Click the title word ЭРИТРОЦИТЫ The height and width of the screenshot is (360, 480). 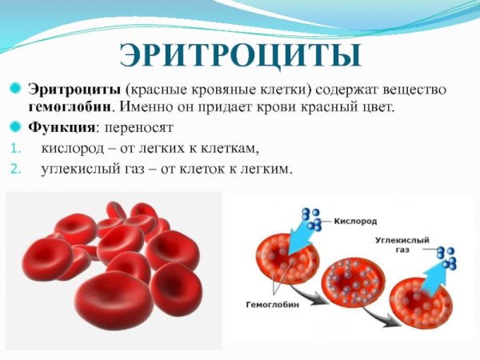(239, 54)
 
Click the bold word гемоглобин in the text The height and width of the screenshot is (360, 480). (69, 106)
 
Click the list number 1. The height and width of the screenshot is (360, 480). (14, 149)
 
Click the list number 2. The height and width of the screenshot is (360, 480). (14, 169)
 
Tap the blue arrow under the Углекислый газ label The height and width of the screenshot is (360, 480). (432, 268)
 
